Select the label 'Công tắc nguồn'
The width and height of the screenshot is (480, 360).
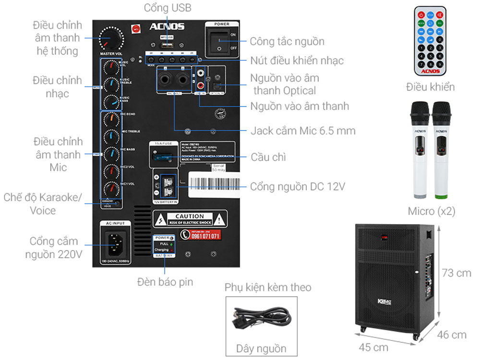[287, 41]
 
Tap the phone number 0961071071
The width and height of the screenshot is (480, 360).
[205, 236]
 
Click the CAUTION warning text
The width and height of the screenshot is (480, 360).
[190, 216]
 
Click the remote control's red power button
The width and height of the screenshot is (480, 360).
[421, 14]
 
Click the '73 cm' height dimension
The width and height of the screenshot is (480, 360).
[456, 273]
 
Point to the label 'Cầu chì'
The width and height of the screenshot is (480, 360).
[268, 157]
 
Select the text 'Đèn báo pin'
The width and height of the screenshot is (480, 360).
[165, 282]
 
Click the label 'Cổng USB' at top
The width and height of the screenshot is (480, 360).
[168, 8]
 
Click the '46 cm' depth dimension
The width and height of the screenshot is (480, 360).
[452, 335]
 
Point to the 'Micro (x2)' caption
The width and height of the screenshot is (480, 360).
[432, 211]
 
